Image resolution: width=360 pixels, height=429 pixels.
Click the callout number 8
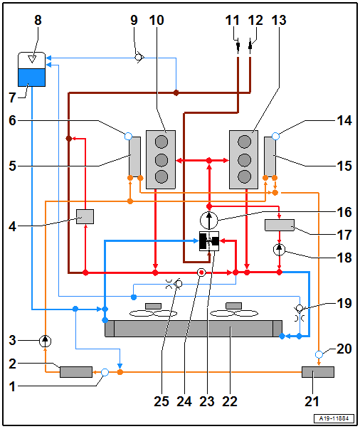38,20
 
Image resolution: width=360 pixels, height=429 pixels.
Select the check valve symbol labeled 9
139,58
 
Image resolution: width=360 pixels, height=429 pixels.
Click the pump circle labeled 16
209,220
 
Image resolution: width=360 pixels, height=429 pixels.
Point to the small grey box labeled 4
85,217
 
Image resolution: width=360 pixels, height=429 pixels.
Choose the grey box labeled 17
280,225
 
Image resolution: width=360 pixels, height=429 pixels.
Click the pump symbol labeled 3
45,341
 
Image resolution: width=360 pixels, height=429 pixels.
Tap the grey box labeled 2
76,372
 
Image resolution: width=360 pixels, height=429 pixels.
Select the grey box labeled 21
318,372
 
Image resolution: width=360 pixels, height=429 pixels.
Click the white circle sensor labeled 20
319,354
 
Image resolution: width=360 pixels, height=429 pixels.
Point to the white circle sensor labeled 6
128,136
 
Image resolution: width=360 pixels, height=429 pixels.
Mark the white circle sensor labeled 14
276,136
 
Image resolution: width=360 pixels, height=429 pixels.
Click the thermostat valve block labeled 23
209,241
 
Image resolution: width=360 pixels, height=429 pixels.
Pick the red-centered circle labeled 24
201,272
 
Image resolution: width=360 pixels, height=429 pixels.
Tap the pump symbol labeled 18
280,250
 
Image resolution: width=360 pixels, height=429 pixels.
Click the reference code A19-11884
334,418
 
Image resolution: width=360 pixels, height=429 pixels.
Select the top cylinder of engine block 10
162,142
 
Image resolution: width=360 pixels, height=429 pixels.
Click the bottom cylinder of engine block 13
245,176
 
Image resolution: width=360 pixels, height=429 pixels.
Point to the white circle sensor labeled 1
105,372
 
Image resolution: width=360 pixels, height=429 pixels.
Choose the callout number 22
230,401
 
